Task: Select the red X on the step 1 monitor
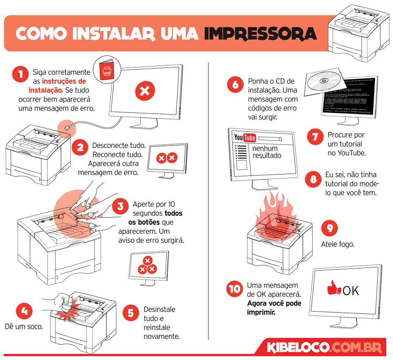[144, 91]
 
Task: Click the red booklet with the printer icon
[105, 70]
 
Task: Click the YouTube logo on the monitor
[245, 138]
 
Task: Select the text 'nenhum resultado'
[267, 152]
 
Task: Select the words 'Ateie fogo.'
[338, 244]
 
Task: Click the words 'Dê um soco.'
[24, 327]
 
